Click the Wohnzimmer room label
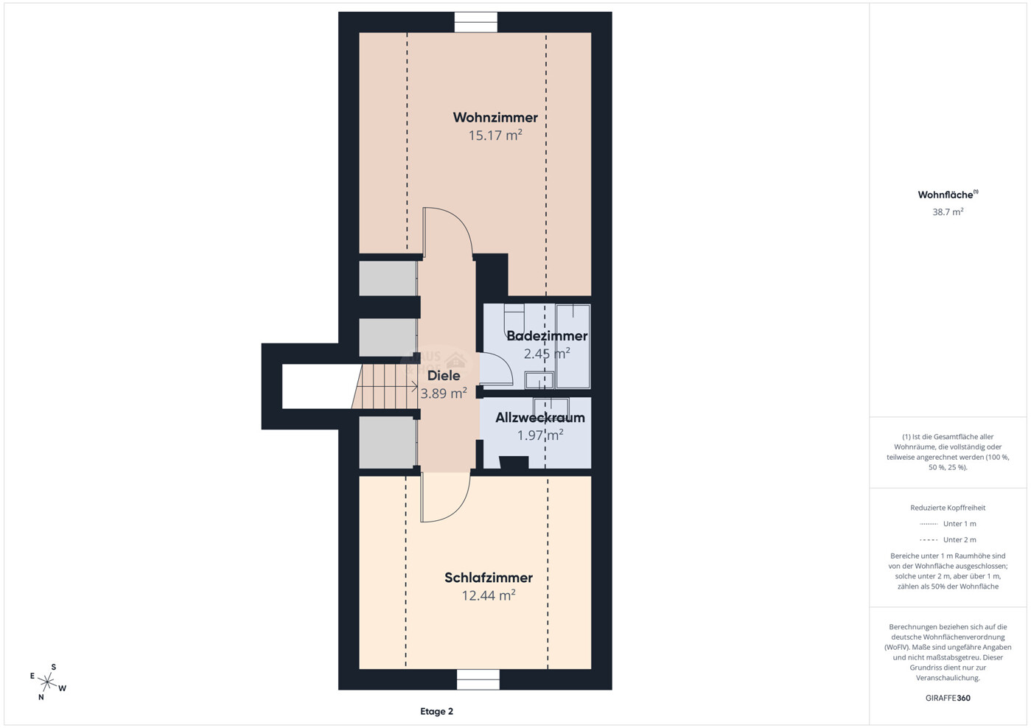pos(495,117)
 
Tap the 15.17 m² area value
pos(495,136)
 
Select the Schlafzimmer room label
pos(489,578)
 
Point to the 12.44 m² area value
pos(489,595)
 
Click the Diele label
pos(444,376)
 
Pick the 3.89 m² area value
pos(444,393)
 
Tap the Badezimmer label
pos(547,336)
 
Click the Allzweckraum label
pos(540,417)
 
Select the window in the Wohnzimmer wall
pos(476,22)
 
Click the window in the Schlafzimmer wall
pos(478,679)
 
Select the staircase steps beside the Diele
pos(385,387)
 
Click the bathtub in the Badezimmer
pos(573,346)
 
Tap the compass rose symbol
pos(47,682)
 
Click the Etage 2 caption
pos(436,711)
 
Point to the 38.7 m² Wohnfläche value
pos(948,211)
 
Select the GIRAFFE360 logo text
pos(948,698)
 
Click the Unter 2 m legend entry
pos(948,539)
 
